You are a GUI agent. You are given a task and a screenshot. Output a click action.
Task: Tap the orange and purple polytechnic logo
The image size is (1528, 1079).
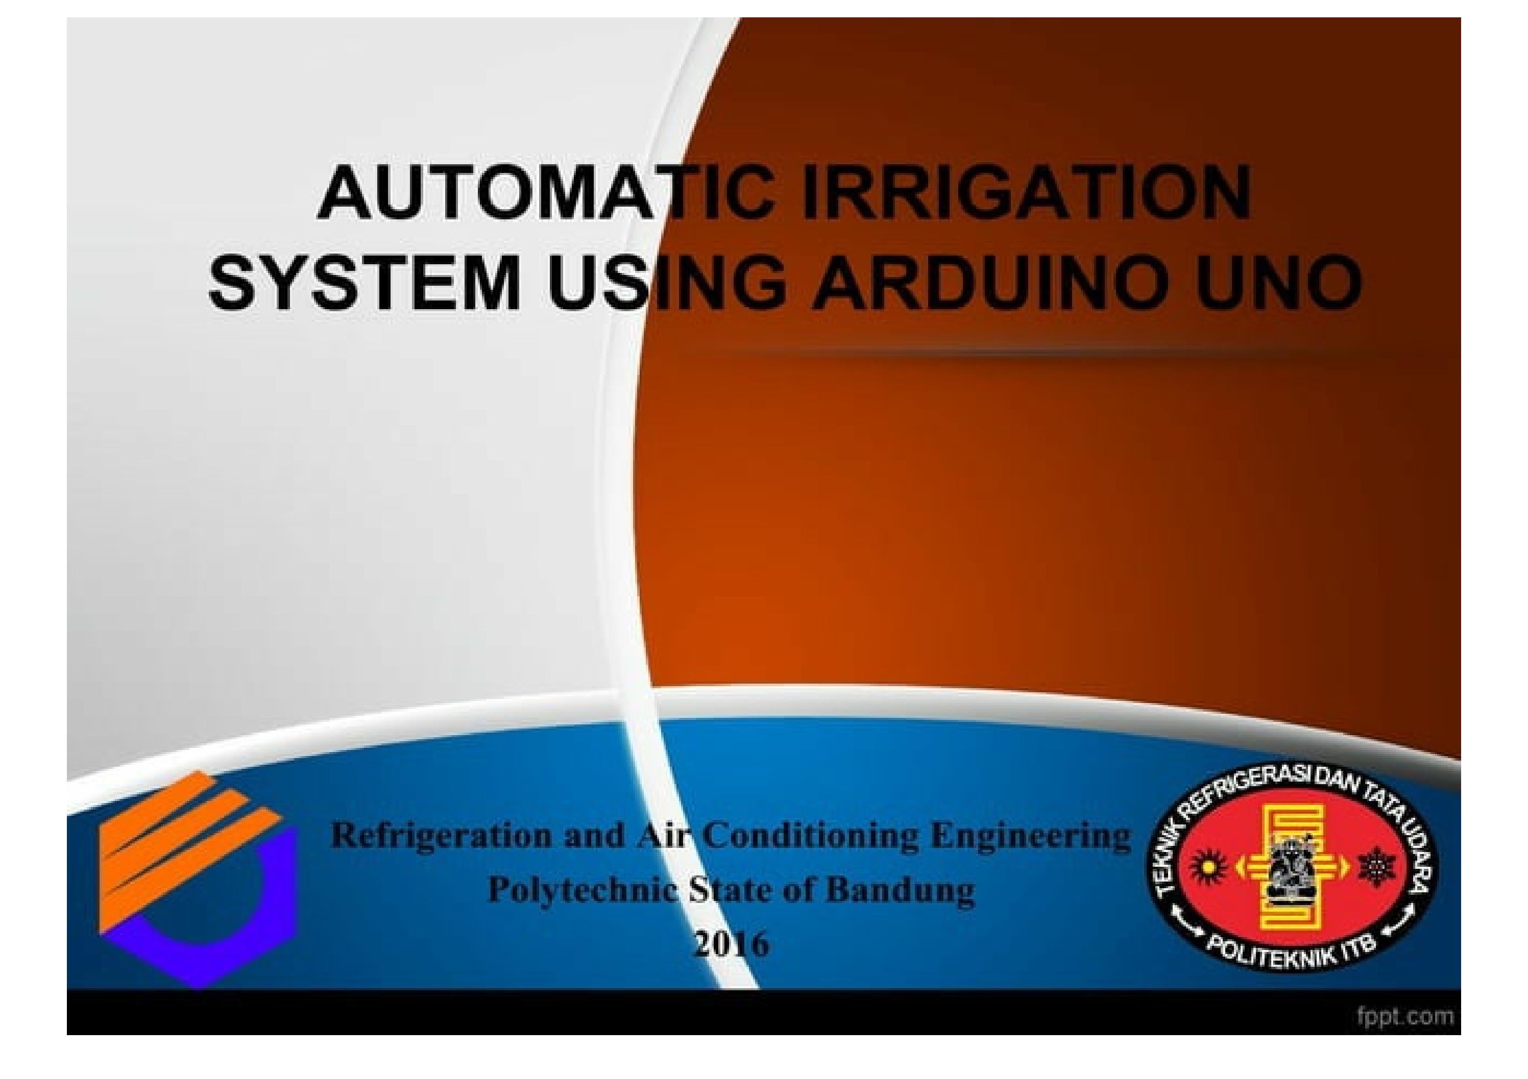click(198, 880)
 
